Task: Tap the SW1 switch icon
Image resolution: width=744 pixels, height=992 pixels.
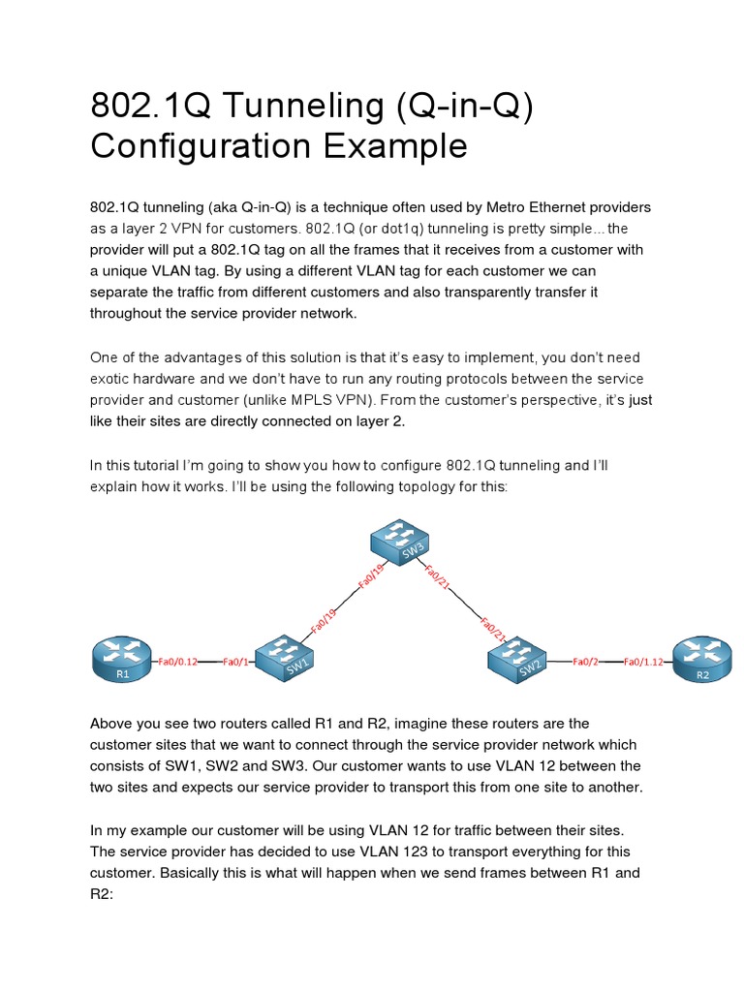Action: (286, 657)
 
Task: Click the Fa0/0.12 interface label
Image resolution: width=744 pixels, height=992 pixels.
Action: (178, 662)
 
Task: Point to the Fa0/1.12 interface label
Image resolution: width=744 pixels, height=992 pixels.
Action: (645, 662)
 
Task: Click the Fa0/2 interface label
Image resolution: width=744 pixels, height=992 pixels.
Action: (585, 662)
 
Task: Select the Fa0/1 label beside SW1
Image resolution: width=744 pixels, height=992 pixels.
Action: (235, 662)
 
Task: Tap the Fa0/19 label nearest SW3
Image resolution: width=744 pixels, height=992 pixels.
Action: (371, 575)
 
